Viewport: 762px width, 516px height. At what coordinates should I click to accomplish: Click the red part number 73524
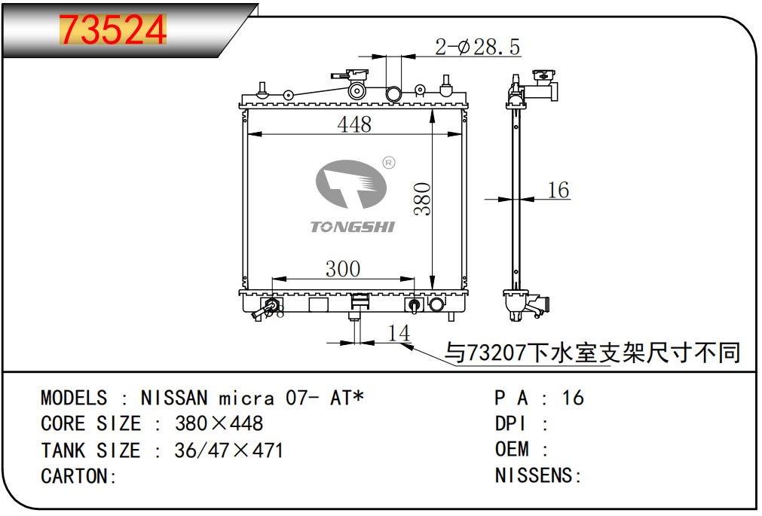point(113,29)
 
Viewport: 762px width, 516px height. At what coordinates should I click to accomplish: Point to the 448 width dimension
point(354,124)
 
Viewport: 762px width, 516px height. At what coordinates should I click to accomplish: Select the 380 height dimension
point(422,199)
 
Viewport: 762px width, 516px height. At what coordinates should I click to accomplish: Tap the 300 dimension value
point(343,269)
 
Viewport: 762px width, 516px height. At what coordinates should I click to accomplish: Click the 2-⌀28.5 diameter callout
point(477,47)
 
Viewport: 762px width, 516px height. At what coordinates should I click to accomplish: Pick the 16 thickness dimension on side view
point(558,190)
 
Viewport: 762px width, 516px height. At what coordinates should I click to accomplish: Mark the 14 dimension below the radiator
point(399,333)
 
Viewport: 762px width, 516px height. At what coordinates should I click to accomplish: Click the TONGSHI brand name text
point(352,227)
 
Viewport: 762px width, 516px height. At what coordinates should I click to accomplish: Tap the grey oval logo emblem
point(351,184)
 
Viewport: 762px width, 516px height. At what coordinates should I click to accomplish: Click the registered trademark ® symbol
point(389,163)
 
